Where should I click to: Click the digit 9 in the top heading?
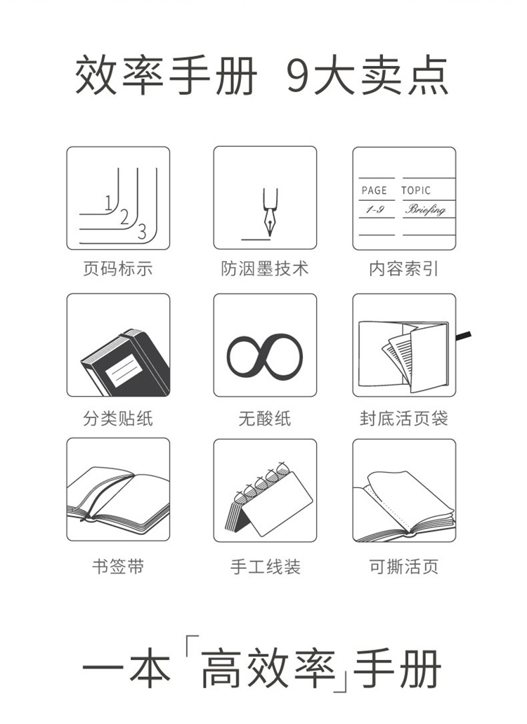299,76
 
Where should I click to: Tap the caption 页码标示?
118,269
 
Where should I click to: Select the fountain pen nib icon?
270,212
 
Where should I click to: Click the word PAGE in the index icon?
374,190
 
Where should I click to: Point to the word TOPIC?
416,190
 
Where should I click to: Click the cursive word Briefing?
425,210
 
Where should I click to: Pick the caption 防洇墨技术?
265,269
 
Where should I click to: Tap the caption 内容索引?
403,269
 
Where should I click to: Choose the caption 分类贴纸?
118,419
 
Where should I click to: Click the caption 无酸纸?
265,419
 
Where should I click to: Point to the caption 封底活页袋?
403,419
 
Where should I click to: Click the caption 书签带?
118,566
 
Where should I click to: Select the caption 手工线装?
265,566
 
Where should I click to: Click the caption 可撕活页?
403,566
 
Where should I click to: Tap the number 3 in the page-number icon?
142,231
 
